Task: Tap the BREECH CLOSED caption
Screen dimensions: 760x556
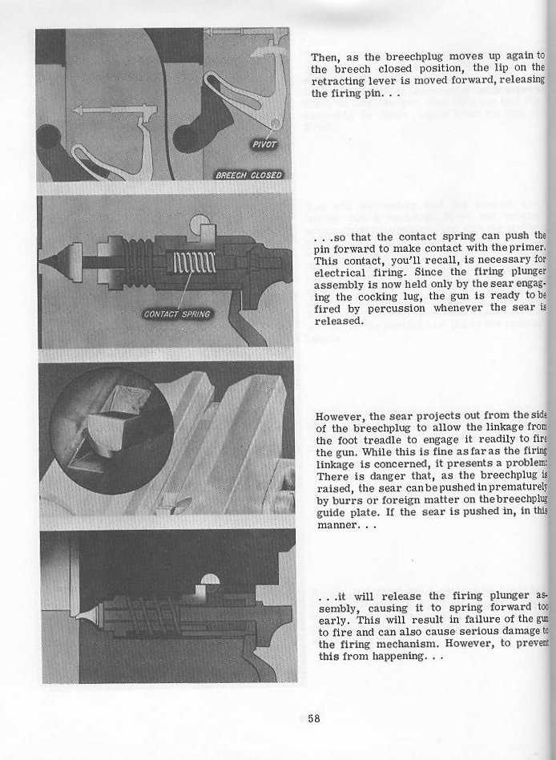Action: (x=248, y=176)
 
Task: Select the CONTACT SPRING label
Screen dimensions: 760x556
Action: (x=177, y=313)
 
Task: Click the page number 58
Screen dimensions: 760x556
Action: (x=313, y=718)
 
